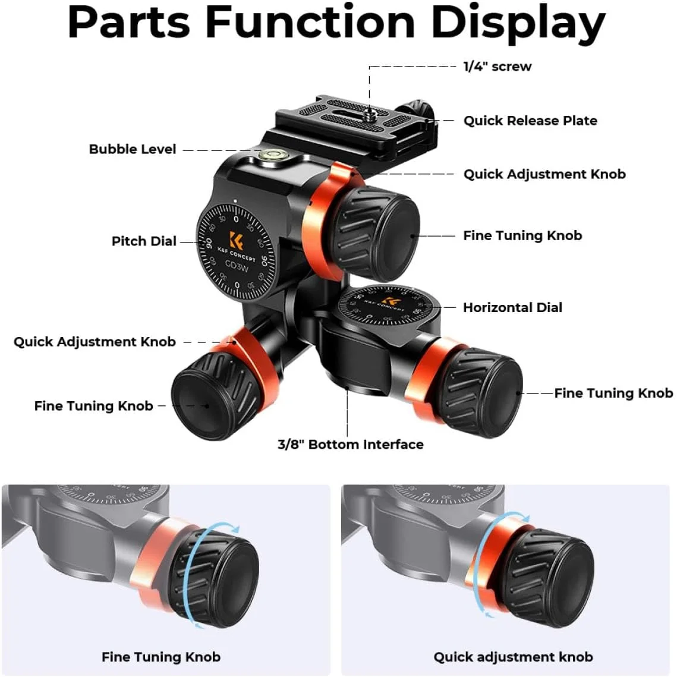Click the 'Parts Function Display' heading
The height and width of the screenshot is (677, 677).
coord(336,23)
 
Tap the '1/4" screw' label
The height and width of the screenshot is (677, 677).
coord(497,67)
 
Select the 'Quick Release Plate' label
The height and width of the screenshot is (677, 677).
coord(530,121)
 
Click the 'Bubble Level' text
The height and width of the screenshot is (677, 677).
coord(133,149)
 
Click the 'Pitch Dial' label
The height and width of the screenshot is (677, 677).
coord(144,241)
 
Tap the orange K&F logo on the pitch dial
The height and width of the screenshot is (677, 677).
coord(236,240)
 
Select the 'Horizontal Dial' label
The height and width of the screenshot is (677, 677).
coord(512,307)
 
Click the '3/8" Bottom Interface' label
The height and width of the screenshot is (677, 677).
coord(351,444)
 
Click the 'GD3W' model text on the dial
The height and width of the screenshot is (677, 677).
coord(237,266)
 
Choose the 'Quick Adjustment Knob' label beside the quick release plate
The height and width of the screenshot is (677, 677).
coord(544,174)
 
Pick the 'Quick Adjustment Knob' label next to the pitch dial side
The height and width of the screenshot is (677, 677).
coord(95,342)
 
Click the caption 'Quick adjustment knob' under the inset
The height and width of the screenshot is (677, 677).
coord(513,657)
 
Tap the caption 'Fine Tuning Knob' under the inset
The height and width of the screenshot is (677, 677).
coord(161,657)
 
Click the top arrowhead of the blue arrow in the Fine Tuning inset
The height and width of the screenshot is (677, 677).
coord(235,528)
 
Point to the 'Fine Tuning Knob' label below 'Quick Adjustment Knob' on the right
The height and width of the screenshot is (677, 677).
coord(522,235)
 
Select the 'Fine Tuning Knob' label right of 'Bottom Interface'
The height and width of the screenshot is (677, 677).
coord(613,393)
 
